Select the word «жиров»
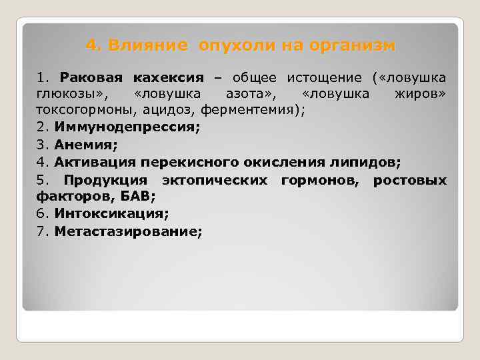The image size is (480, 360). tap(415, 93)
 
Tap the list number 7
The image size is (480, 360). tap(41, 232)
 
